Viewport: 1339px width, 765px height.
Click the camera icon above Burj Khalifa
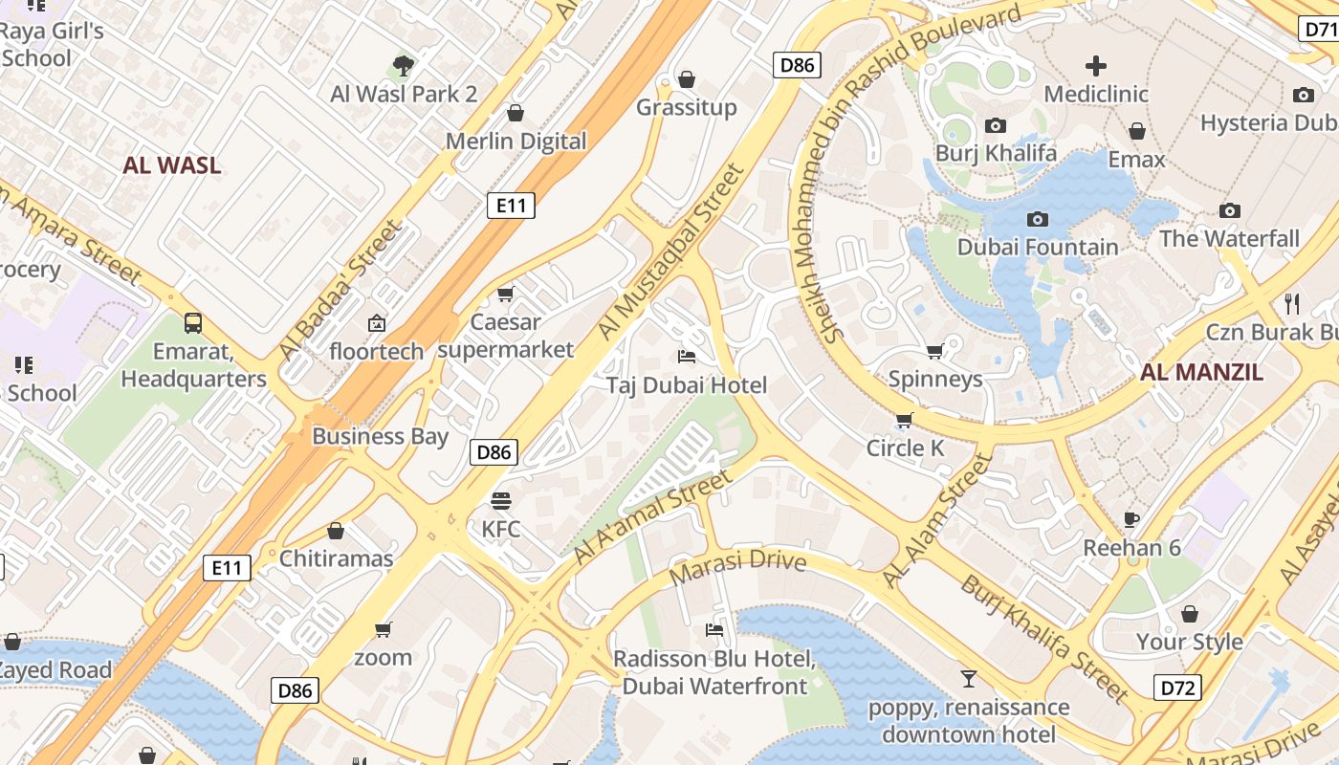tap(995, 125)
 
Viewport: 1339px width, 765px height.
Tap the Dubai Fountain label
tap(1037, 247)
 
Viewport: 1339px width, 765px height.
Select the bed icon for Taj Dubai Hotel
tap(686, 357)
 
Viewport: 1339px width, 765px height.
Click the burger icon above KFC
tap(500, 500)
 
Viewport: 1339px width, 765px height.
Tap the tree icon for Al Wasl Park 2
tap(403, 66)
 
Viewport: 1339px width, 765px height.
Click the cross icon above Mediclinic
tap(1095, 66)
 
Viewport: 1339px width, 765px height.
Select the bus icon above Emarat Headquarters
tap(193, 322)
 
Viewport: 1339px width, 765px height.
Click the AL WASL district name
tap(172, 165)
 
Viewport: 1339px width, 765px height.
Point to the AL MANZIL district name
tap(1201, 372)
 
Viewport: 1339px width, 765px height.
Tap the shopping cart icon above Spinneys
tap(934, 351)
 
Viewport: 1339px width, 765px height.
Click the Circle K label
tap(905, 448)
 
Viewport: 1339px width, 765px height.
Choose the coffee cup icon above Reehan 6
tap(1131, 519)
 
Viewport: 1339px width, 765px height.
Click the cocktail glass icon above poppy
tap(968, 679)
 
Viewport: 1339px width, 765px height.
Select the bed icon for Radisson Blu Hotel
tap(713, 629)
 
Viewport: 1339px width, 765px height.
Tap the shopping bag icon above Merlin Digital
tap(516, 113)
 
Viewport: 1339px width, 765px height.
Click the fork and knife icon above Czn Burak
tap(1292, 304)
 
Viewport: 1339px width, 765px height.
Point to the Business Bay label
tap(380, 436)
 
